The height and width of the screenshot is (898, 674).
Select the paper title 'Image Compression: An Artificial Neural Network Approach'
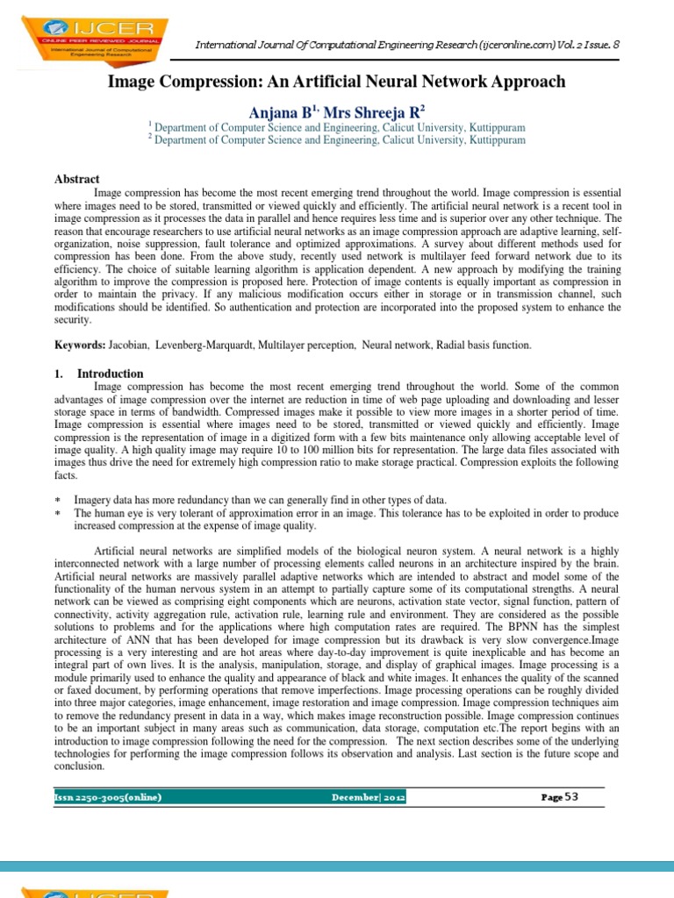click(336, 82)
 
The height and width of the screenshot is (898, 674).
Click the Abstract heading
click(77, 179)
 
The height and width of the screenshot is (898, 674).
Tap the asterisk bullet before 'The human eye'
click(58, 512)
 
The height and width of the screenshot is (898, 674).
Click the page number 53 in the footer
click(571, 796)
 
